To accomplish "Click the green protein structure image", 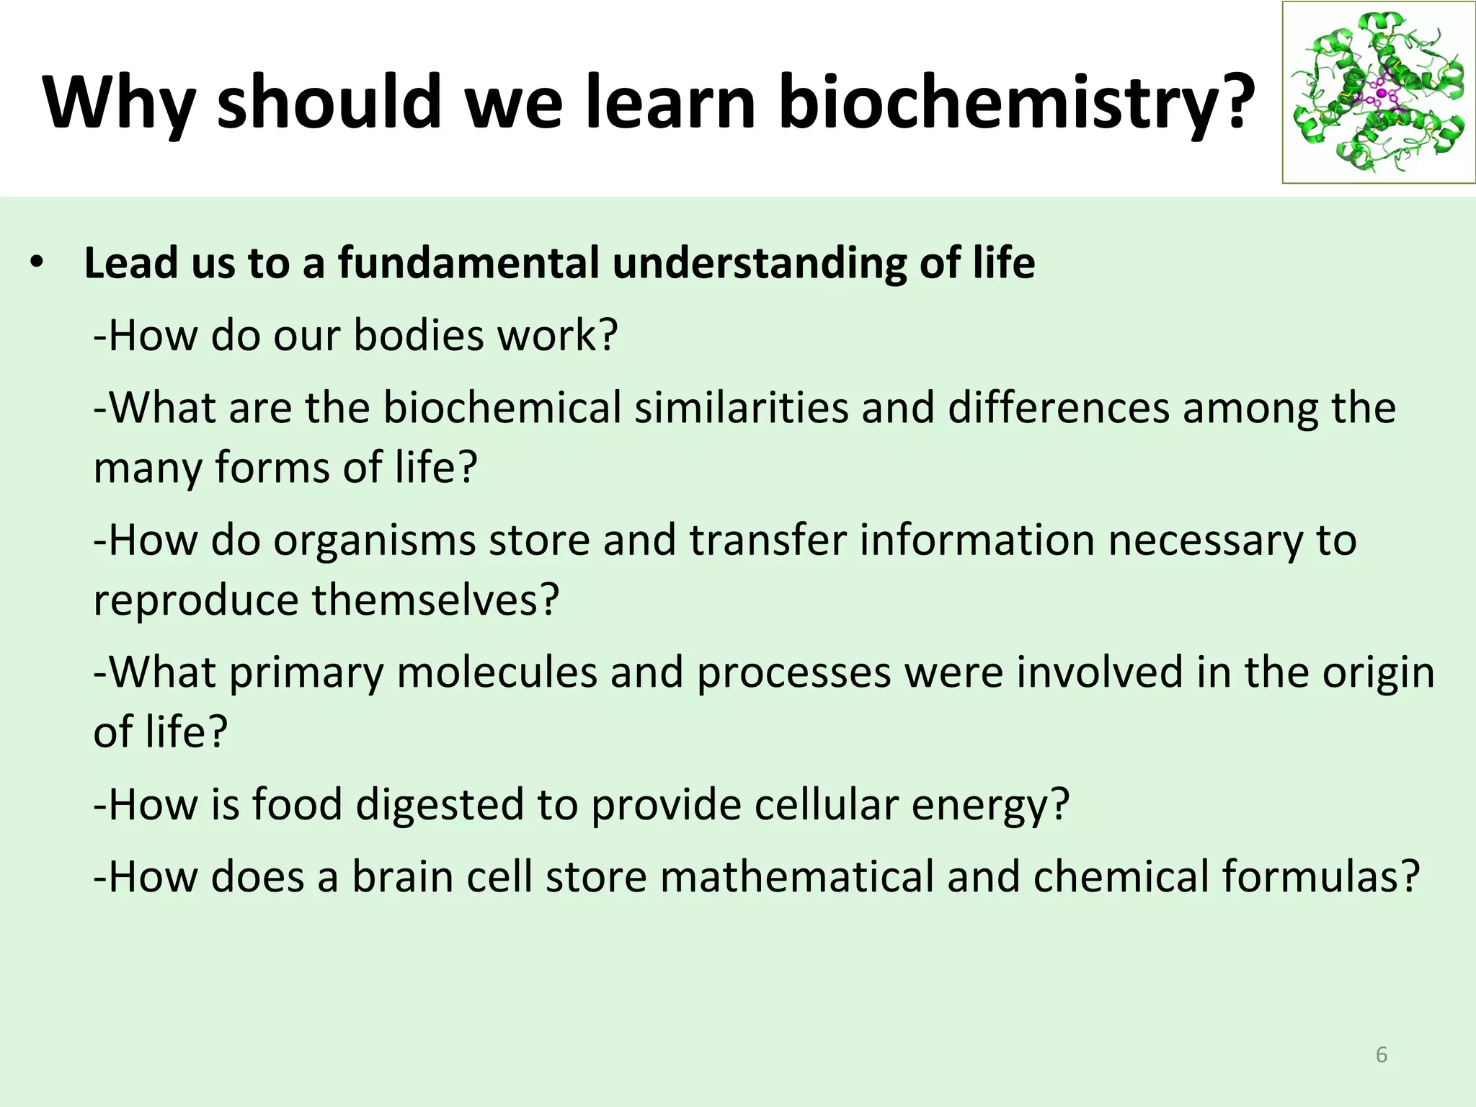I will coord(1378,92).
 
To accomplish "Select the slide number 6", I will coord(1381,1055).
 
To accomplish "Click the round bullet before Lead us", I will coord(37,263).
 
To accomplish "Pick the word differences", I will coord(1058,408).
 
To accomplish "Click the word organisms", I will coord(375,541).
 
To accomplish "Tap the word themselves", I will coord(435,600).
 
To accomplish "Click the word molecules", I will coord(497,672).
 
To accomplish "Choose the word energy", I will coord(990,805).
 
